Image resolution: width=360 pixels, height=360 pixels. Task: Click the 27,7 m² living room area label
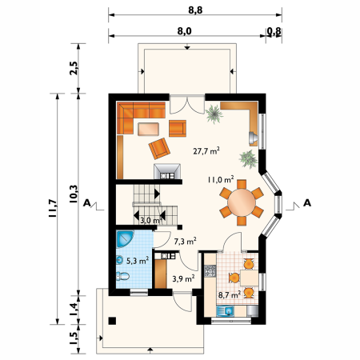click(206, 151)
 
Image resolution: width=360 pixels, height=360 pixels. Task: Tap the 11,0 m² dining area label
click(221, 179)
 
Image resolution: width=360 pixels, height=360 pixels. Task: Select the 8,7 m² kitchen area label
click(230, 294)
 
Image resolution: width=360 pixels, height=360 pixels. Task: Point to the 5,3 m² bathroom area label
click(138, 261)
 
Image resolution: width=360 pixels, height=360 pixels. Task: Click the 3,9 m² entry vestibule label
click(183, 278)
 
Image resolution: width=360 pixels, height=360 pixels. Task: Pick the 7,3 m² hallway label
click(186, 242)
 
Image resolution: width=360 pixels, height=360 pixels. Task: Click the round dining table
click(242, 202)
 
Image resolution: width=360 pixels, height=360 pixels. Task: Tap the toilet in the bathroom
click(122, 276)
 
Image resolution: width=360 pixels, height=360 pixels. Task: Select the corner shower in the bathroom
click(125, 239)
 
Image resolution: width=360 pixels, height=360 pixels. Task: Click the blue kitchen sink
click(226, 311)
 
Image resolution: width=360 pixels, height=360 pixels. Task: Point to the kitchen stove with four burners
click(210, 271)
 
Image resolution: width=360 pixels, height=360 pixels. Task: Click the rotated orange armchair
click(159, 149)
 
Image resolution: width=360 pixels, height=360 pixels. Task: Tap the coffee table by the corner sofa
click(148, 129)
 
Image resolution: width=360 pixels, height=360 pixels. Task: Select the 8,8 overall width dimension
click(195, 10)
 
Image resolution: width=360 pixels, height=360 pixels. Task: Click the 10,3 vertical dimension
click(74, 194)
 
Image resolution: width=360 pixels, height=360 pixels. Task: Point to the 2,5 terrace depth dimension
click(74, 68)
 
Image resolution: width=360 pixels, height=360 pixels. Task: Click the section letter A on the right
click(307, 203)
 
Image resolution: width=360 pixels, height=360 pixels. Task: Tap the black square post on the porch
click(112, 321)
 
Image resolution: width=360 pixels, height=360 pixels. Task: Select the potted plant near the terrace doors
click(214, 114)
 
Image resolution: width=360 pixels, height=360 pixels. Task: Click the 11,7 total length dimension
click(53, 208)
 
